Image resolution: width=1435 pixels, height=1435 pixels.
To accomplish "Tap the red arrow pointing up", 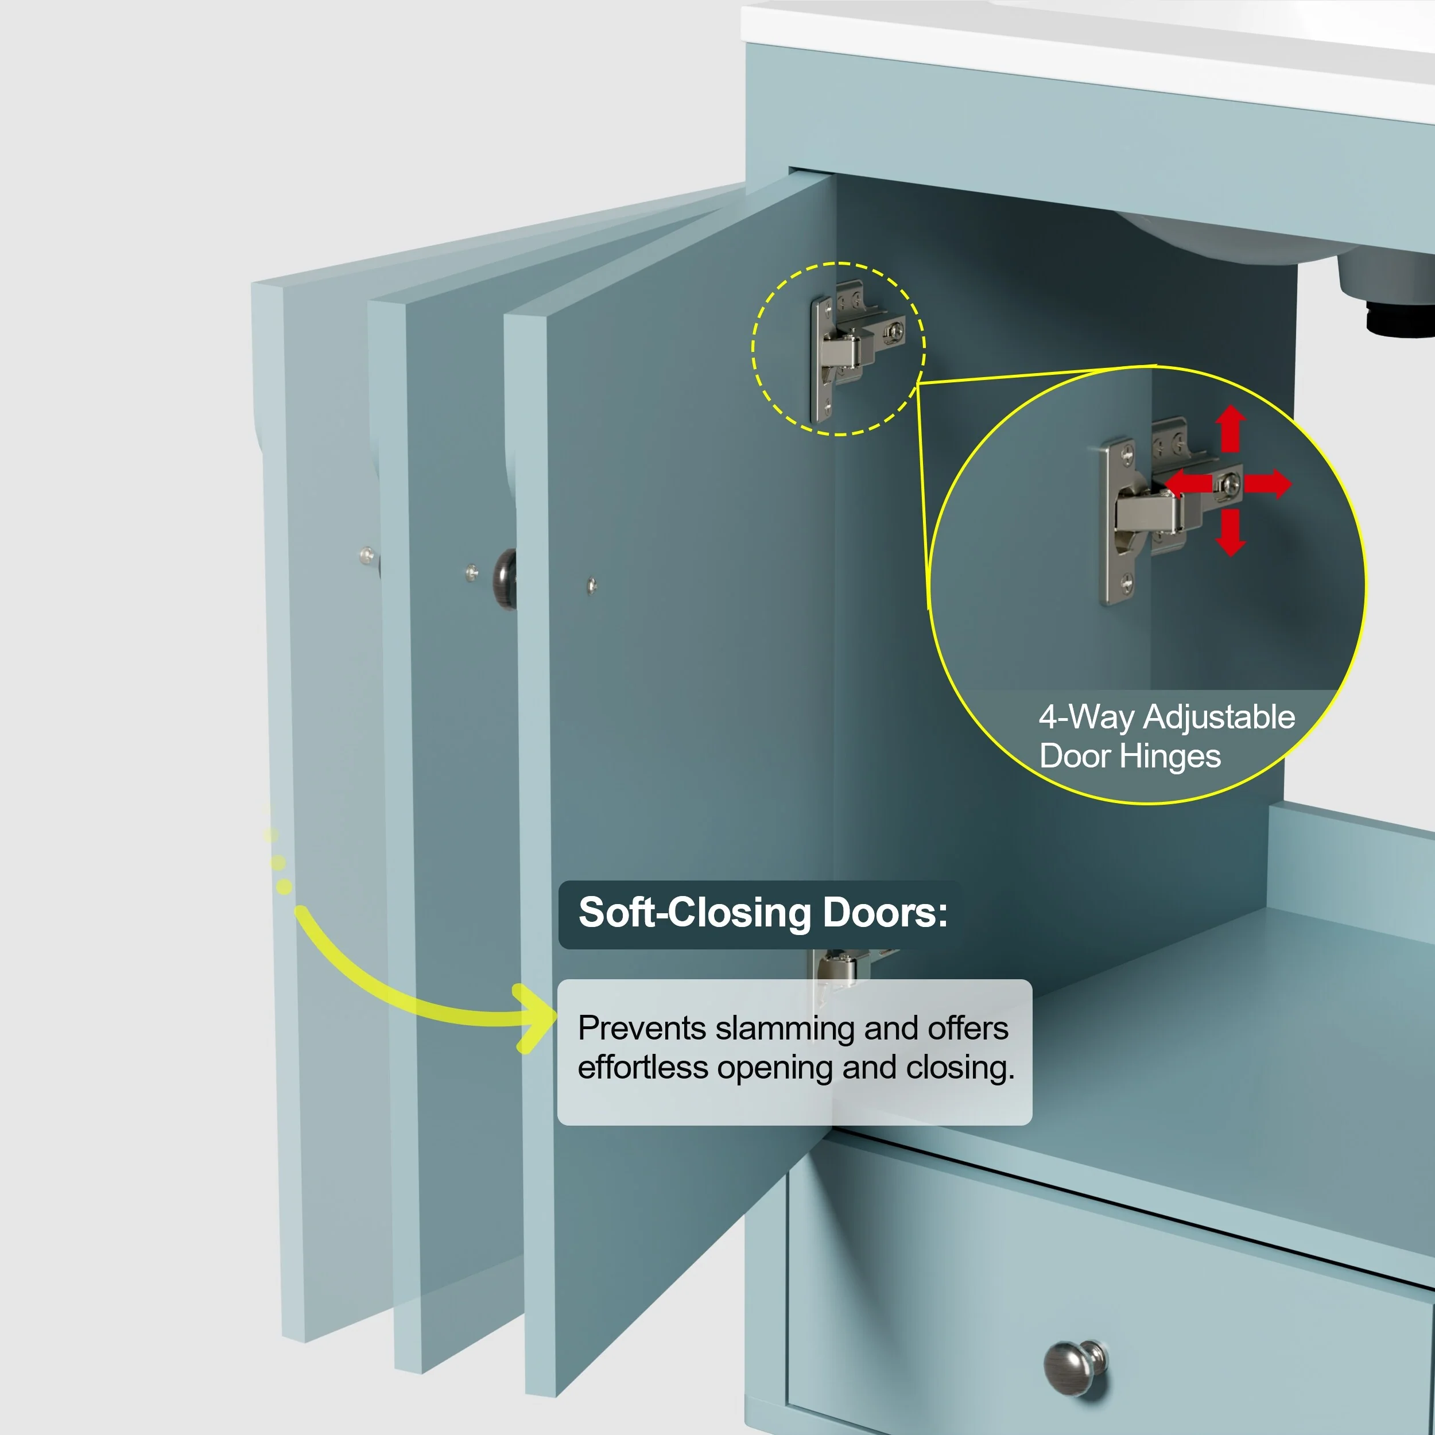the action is [1231, 429].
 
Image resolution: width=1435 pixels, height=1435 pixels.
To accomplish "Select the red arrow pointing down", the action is [1231, 533].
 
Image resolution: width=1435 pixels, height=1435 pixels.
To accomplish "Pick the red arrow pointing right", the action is [1268, 483].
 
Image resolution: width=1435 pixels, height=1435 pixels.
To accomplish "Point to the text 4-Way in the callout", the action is [1086, 717].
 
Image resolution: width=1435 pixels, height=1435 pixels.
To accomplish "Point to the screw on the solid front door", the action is [591, 586].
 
